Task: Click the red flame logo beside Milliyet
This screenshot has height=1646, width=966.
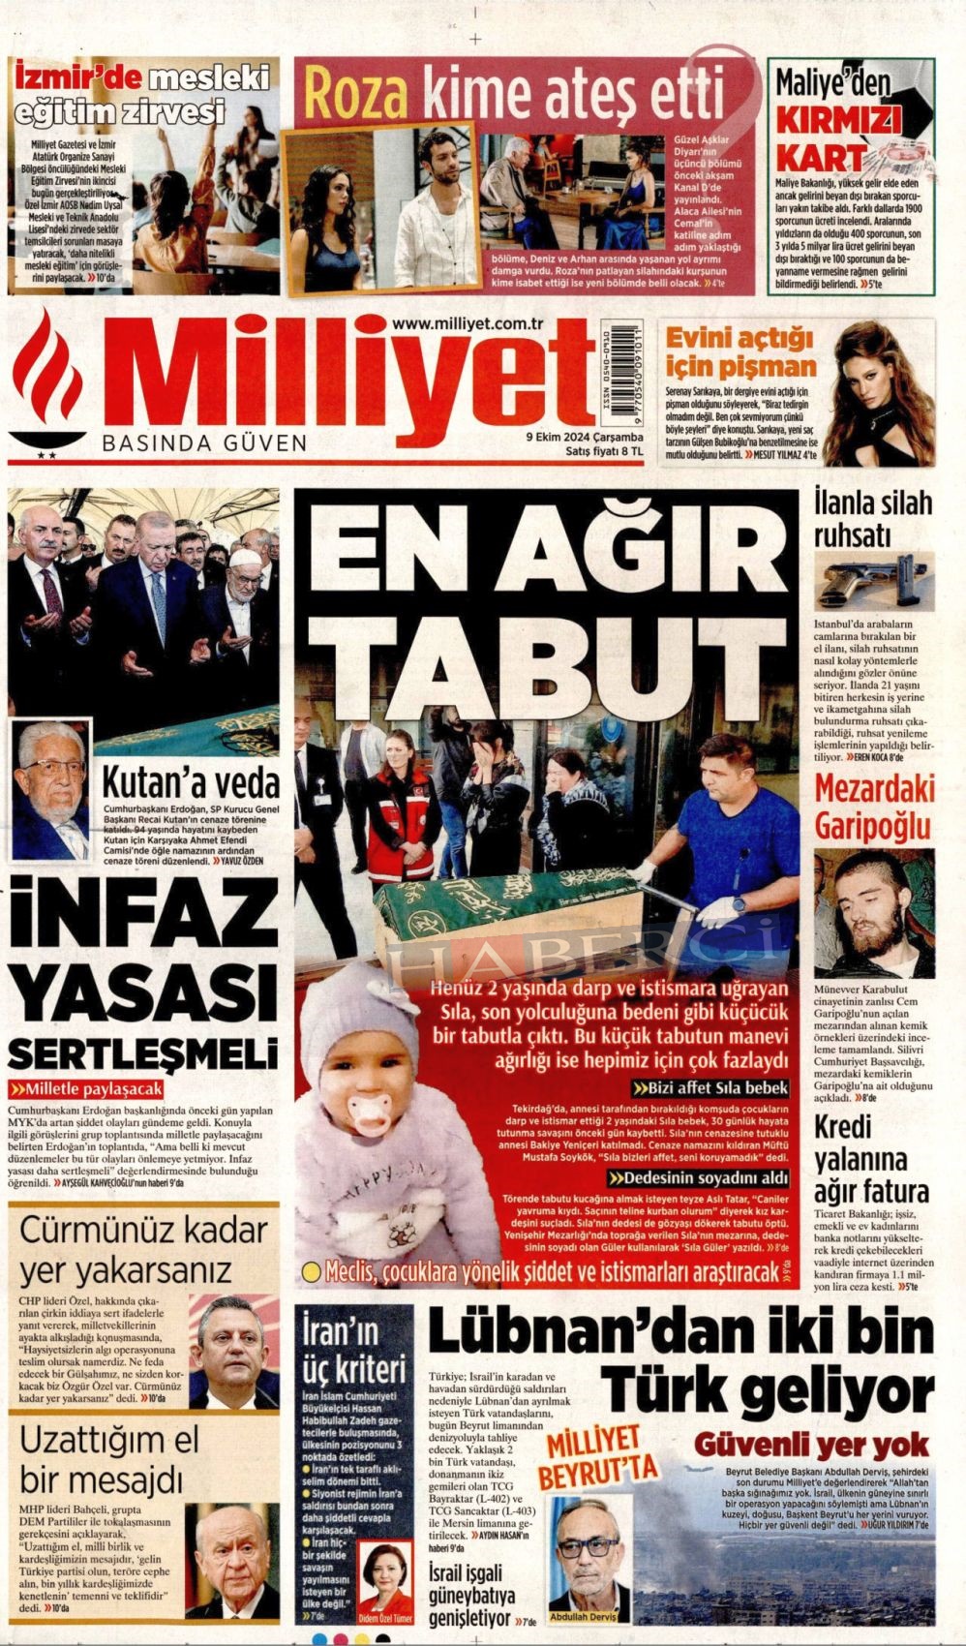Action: coord(53,382)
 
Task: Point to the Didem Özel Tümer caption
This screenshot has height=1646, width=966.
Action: coord(385,1618)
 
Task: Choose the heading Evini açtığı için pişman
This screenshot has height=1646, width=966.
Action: coord(740,353)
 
